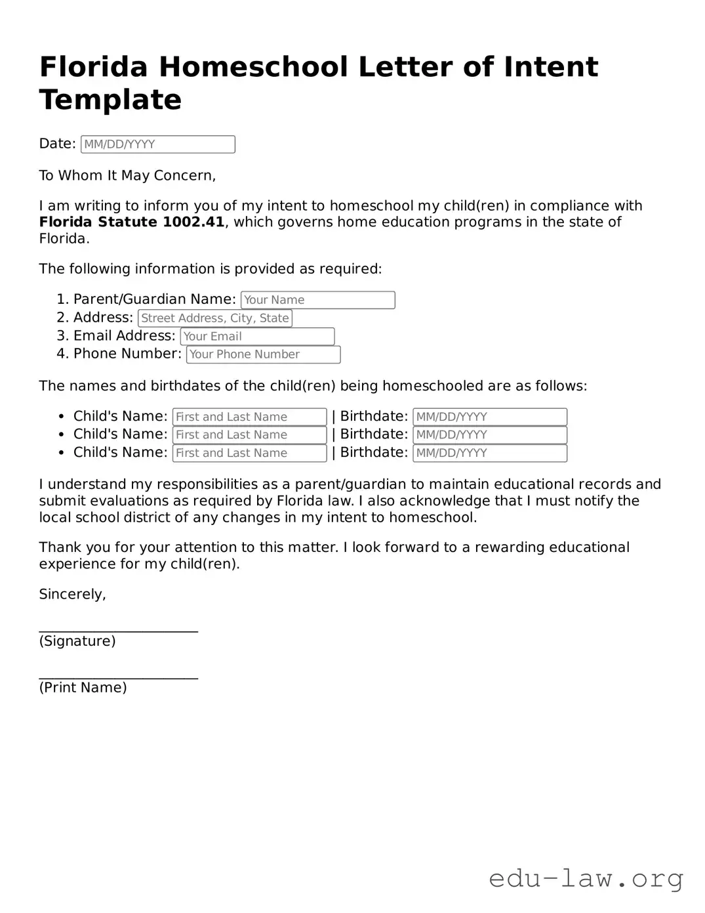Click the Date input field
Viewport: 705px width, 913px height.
[157, 144]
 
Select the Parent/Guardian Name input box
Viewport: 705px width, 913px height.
[317, 300]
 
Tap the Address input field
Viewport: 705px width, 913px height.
[214, 318]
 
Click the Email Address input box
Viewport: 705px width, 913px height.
[257, 337]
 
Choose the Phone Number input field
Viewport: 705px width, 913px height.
[263, 354]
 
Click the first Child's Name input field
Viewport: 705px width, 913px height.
[249, 417]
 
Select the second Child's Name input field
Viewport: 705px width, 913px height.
[249, 435]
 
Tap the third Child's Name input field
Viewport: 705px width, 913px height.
[249, 453]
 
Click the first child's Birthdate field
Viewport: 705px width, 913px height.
[489, 417]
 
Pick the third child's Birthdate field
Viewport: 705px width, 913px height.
[489, 453]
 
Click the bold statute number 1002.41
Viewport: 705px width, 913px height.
[193, 222]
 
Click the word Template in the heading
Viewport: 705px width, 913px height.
[110, 100]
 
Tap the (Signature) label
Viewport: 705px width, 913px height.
[77, 641]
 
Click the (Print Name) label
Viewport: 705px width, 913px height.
[83, 688]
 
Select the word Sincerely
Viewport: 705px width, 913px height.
[72, 595]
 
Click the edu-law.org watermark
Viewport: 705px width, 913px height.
[586, 878]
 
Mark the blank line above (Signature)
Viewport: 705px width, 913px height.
[118, 630]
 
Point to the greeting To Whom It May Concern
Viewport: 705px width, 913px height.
[127, 176]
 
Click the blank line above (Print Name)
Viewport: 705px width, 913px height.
[118, 677]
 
